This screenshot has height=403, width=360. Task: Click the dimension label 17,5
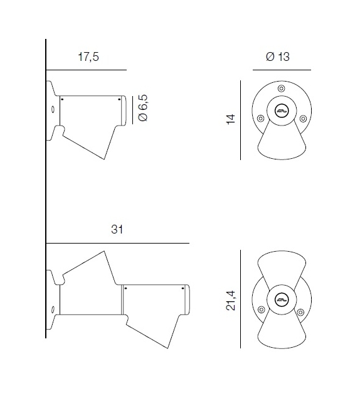88,57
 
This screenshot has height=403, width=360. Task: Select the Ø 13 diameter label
278,57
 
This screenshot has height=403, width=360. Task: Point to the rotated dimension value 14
230,119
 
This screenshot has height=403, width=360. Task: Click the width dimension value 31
117,230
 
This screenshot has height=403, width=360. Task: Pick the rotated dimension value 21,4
230,301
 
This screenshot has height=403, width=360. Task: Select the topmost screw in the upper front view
280,88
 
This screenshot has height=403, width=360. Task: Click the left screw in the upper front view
259,117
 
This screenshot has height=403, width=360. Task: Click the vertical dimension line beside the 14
241,119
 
